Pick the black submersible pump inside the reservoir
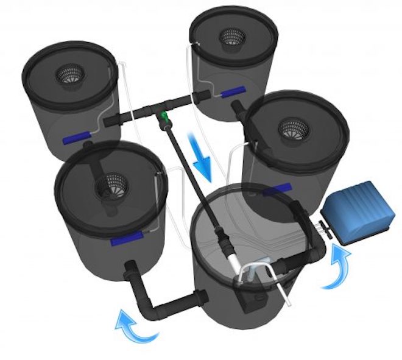253,298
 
